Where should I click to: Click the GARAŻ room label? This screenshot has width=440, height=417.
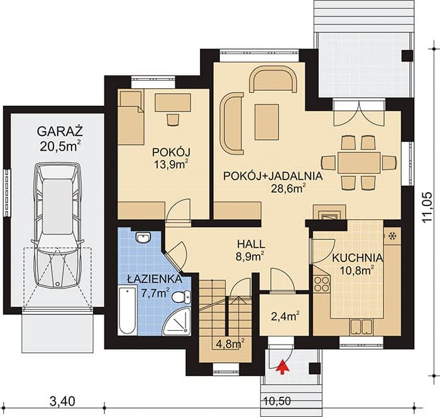pos(60,131)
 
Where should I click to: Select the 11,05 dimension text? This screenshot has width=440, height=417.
pos(427,207)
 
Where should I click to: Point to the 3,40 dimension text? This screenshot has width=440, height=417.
pos(63,401)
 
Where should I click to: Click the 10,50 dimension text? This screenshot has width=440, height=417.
pos(277,401)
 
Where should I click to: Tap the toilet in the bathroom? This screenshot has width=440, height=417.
pos(181,297)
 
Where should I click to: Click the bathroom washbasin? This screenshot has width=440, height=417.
pos(143,237)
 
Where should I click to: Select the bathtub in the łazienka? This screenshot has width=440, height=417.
pos(128,310)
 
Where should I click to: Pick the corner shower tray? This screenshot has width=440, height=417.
pos(177,321)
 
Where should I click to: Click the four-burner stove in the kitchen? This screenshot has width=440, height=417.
pos(322,284)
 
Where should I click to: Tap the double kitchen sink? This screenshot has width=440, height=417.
pos(361,327)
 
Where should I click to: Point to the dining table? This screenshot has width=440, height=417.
pos(359,163)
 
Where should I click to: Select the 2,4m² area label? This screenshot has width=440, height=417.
pos(284,316)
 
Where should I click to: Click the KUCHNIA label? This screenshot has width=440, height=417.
pos(357,258)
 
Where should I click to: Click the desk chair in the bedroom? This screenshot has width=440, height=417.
pos(173,120)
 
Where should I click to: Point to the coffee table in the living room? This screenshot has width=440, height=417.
pos(267,122)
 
